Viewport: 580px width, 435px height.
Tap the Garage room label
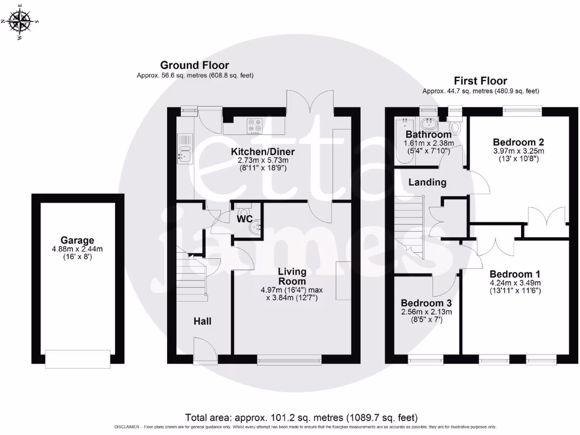coord(78,240)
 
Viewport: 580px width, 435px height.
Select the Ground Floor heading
coord(194,65)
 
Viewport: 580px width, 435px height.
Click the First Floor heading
coord(480,81)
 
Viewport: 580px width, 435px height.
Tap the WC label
coord(245,218)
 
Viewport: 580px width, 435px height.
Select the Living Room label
coord(292,276)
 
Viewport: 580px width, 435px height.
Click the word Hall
coord(202,321)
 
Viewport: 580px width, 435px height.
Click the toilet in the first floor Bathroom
coord(455,127)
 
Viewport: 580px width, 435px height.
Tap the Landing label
coord(427,182)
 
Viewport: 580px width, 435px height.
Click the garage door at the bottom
coord(78,357)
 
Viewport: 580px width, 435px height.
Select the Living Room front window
coord(289,359)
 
